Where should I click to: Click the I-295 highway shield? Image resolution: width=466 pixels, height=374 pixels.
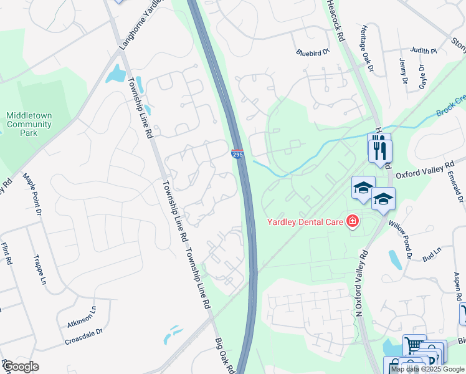[x=237, y=154]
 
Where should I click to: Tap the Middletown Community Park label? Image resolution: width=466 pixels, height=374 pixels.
[x=29, y=124]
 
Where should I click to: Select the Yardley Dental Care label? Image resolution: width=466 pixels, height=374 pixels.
[x=305, y=221]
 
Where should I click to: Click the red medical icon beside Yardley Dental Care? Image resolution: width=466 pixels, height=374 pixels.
[x=353, y=221]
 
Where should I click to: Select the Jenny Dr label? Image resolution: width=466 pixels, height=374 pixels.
[x=402, y=72]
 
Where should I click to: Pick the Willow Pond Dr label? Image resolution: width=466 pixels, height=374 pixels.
[x=400, y=237]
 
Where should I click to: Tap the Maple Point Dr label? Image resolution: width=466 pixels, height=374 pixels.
[x=32, y=196]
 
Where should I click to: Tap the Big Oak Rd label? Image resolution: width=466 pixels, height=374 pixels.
[x=224, y=356]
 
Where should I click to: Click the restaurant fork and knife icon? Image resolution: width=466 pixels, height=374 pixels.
[x=379, y=149]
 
